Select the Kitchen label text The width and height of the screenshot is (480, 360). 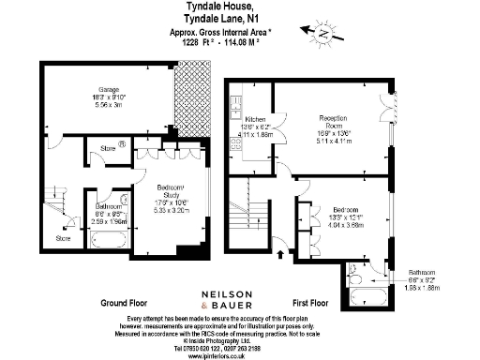[256, 121]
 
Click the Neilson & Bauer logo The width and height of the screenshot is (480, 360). [240, 299]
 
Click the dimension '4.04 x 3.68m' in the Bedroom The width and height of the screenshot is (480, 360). [333, 225]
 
